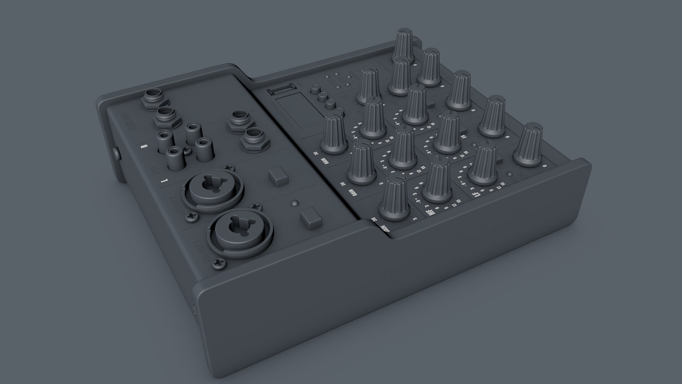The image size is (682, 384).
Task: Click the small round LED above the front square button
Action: point(294,204)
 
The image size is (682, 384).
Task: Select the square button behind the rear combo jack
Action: point(277,176)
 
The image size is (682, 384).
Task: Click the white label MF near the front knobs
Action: point(432,213)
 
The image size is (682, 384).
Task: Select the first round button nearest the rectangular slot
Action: point(315,89)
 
